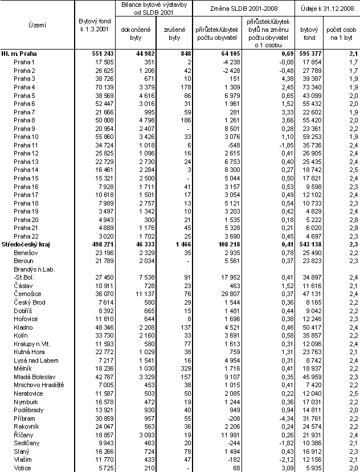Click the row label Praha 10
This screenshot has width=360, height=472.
click(x=26, y=137)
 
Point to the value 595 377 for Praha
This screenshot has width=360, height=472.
click(x=308, y=53)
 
